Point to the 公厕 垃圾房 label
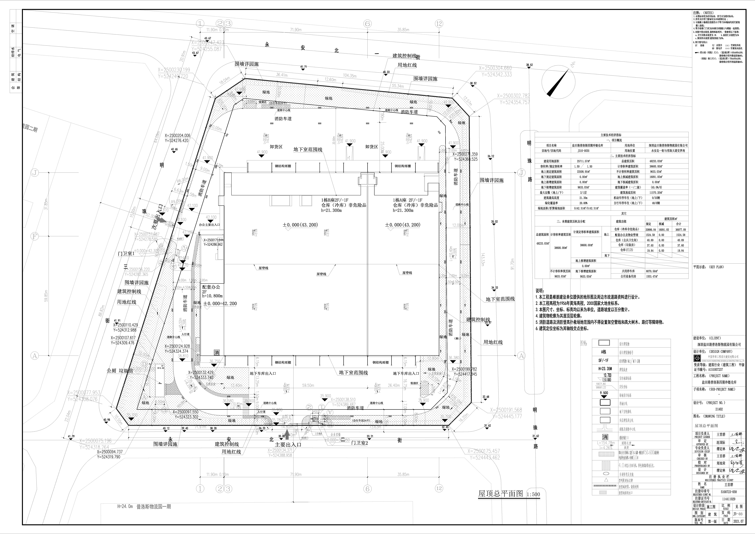click(x=120, y=371)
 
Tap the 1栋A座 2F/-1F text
click(x=407, y=200)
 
